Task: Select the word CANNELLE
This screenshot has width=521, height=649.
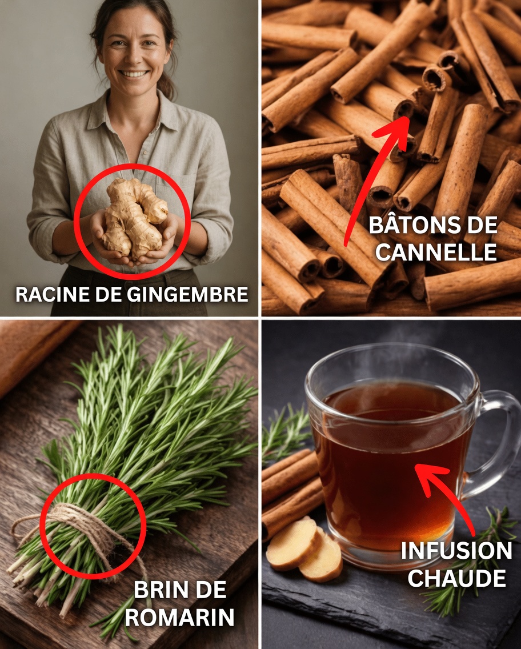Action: pos(436,252)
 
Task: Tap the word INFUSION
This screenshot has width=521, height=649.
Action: pos(456,551)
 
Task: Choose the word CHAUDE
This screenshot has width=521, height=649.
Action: pos(456,578)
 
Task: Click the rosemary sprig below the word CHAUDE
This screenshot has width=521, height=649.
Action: pos(451,603)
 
